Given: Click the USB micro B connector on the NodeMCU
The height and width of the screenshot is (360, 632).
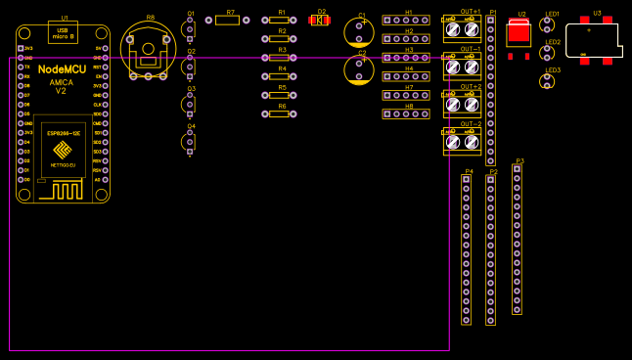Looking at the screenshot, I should click(x=63, y=33).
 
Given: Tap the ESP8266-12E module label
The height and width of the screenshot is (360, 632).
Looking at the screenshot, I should click(x=63, y=130).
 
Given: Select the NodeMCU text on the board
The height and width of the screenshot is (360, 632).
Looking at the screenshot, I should click(x=61, y=69).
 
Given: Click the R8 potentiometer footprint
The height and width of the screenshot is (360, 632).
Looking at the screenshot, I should click(x=149, y=50).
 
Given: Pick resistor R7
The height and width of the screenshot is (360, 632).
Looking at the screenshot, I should click(x=227, y=20).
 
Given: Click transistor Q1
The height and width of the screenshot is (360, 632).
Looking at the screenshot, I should click(x=189, y=29).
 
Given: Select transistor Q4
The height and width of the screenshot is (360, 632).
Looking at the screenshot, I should click(x=189, y=142).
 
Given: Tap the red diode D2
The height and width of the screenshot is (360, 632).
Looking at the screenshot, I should click(x=319, y=20).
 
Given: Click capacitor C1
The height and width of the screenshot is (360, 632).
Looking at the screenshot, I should click(x=359, y=31).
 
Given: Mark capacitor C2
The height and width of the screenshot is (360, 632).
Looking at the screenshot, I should click(x=359, y=69).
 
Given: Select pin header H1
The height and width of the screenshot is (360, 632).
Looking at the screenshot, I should click(x=405, y=20).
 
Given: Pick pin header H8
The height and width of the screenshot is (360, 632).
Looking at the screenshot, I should click(x=405, y=113).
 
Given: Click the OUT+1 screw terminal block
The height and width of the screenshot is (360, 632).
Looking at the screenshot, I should click(x=462, y=28).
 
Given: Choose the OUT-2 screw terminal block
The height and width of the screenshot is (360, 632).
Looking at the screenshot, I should click(x=462, y=142).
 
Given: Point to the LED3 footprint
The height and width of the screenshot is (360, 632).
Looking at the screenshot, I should click(x=547, y=81).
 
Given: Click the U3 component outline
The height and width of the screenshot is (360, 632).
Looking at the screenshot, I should click(x=593, y=40).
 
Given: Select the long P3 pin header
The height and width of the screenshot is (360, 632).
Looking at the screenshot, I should click(x=517, y=239).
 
